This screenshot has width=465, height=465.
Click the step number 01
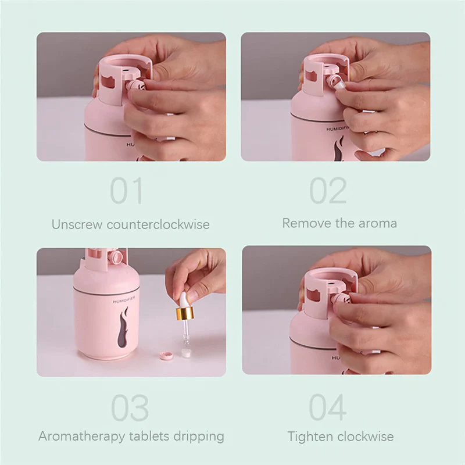point(126,191)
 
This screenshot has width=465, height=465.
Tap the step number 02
point(328,191)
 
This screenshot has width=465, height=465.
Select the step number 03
point(130,408)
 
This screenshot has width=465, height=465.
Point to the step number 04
point(328,407)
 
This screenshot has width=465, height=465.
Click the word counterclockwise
point(158,224)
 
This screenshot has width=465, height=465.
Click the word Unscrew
point(77,224)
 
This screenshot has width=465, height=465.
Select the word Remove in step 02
point(307,223)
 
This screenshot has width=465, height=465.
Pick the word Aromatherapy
point(82,437)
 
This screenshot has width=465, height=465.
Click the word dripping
point(199,437)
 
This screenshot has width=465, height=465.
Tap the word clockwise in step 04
point(366,437)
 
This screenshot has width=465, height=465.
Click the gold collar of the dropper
point(185,314)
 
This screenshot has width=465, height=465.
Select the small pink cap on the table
point(166,355)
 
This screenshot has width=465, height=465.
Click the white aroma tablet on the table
point(186,352)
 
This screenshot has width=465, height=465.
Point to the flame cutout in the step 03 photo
point(123,327)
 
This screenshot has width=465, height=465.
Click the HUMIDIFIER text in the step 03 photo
point(124,299)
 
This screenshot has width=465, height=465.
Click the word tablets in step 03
point(149,437)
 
